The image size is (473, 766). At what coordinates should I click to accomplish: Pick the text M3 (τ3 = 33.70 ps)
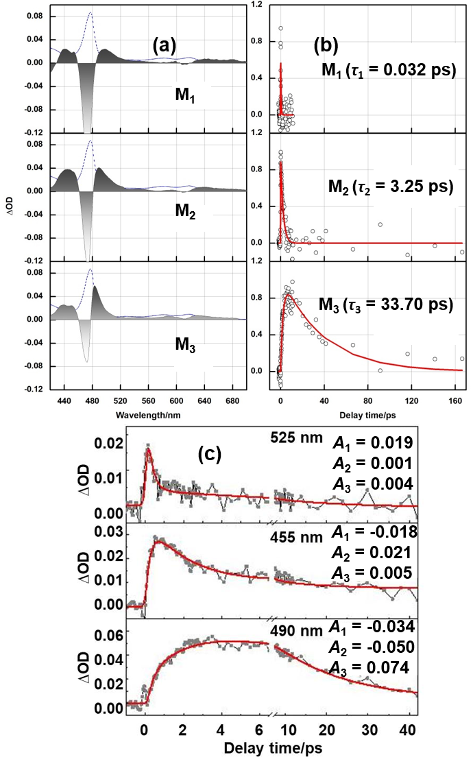pyautogui.click(x=387, y=304)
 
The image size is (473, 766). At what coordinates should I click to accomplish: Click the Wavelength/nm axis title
pyautogui.click(x=149, y=415)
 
